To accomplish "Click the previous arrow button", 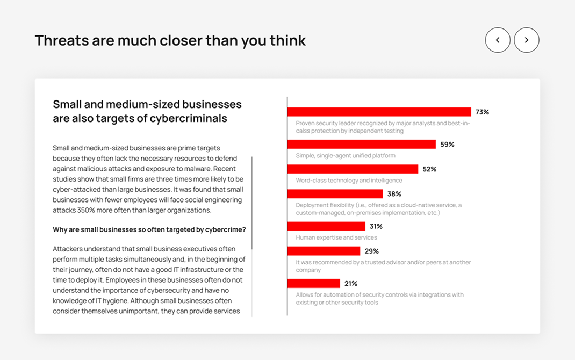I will [498, 40].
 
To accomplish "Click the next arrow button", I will [527, 40].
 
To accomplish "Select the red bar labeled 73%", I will [379, 112].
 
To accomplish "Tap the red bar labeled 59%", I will [361, 145].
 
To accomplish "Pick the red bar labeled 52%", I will [353, 169].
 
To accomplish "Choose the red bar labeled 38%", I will [335, 194].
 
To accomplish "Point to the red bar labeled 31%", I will [326, 226].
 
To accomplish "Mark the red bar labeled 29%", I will [324, 251].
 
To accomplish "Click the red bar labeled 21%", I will [313, 283].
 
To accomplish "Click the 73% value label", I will [482, 112].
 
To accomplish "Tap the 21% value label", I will [351, 284].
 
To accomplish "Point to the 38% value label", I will [394, 194].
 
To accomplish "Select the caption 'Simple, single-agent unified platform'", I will [346, 156].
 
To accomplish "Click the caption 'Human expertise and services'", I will [336, 237].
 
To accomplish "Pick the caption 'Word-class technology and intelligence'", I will [349, 181].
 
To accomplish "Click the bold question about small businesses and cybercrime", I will [149, 229].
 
